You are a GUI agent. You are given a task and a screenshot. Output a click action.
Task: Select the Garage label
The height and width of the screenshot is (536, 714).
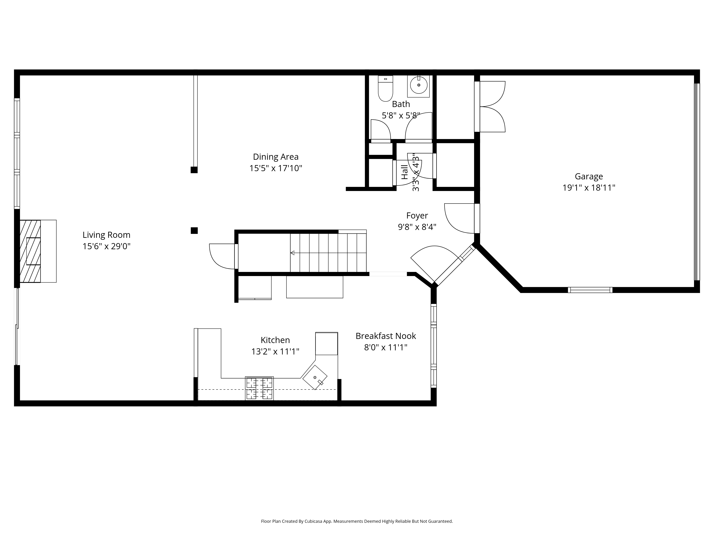pyautogui.click(x=589, y=176)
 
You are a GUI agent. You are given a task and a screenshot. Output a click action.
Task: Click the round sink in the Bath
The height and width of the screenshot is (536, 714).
pyautogui.click(x=419, y=85)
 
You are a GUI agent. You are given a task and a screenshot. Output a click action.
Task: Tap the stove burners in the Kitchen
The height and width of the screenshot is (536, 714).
pyautogui.click(x=259, y=388)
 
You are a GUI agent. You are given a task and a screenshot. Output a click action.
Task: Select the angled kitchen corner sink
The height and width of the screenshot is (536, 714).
pyautogui.click(x=315, y=377)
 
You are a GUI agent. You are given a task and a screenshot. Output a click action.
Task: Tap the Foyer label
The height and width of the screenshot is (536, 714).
pyautogui.click(x=417, y=215)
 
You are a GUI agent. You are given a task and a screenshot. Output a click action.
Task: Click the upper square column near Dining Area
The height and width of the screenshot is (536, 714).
pyautogui.click(x=194, y=170)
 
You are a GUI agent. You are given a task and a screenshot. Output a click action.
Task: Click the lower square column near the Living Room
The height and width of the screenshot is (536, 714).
pyautogui.click(x=194, y=230)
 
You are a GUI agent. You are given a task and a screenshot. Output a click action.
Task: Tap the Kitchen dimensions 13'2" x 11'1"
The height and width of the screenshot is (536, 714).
pyautogui.click(x=275, y=351)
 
